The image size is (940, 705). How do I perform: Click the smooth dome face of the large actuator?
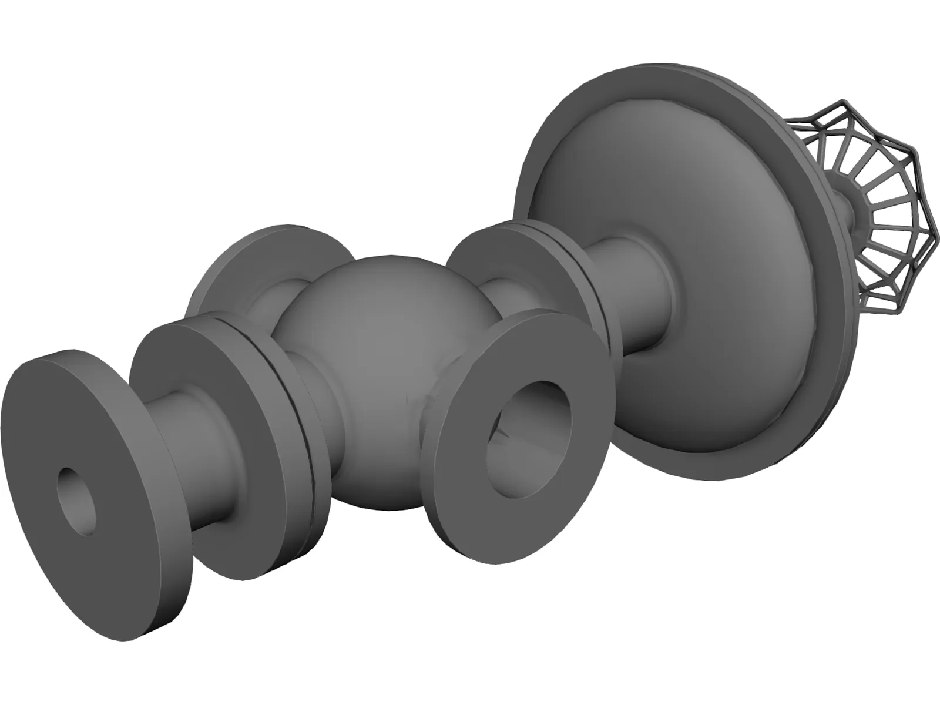(693, 247)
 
